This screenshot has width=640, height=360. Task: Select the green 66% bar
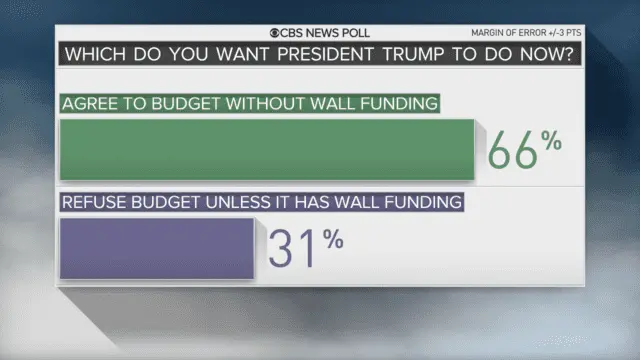(267, 149)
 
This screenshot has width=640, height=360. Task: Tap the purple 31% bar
(157, 248)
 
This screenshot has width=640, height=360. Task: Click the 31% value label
(306, 248)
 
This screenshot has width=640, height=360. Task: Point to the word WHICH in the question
(97, 54)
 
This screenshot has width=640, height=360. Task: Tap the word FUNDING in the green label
(395, 103)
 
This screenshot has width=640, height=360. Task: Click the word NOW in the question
(539, 54)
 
